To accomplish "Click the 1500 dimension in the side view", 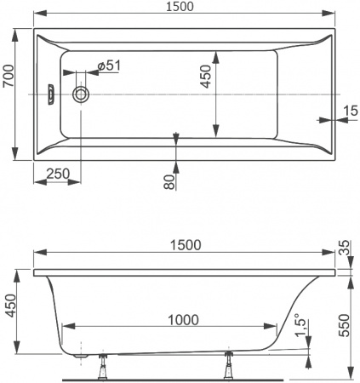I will click(186, 244).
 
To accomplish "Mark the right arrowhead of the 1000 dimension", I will click(273, 328).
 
